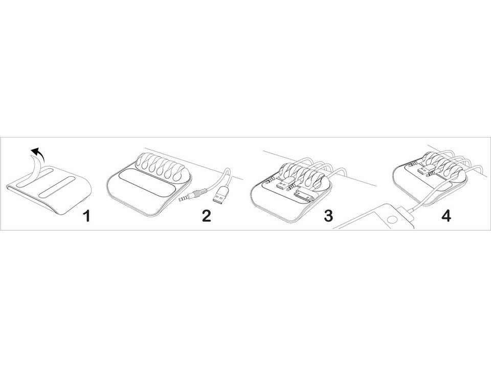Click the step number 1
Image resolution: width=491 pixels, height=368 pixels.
(86, 216)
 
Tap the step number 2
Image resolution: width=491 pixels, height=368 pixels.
(206, 216)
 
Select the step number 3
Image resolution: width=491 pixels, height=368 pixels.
(328, 216)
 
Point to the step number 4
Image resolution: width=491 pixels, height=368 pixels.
(446, 216)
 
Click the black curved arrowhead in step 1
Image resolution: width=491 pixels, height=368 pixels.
(36, 152)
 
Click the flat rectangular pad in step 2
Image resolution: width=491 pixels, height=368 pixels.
(146, 183)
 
